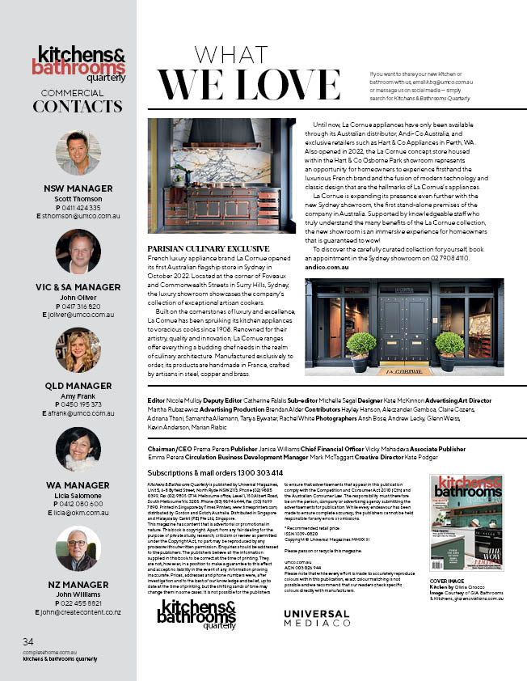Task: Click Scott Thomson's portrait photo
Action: pos(78,153)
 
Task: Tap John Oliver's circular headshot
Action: pos(78,252)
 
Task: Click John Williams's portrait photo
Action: pos(78,549)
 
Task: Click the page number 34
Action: pos(28,641)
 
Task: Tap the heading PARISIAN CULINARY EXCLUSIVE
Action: pos(209,247)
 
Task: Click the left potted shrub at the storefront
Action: pos(362,348)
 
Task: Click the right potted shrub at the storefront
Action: pos(449,348)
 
